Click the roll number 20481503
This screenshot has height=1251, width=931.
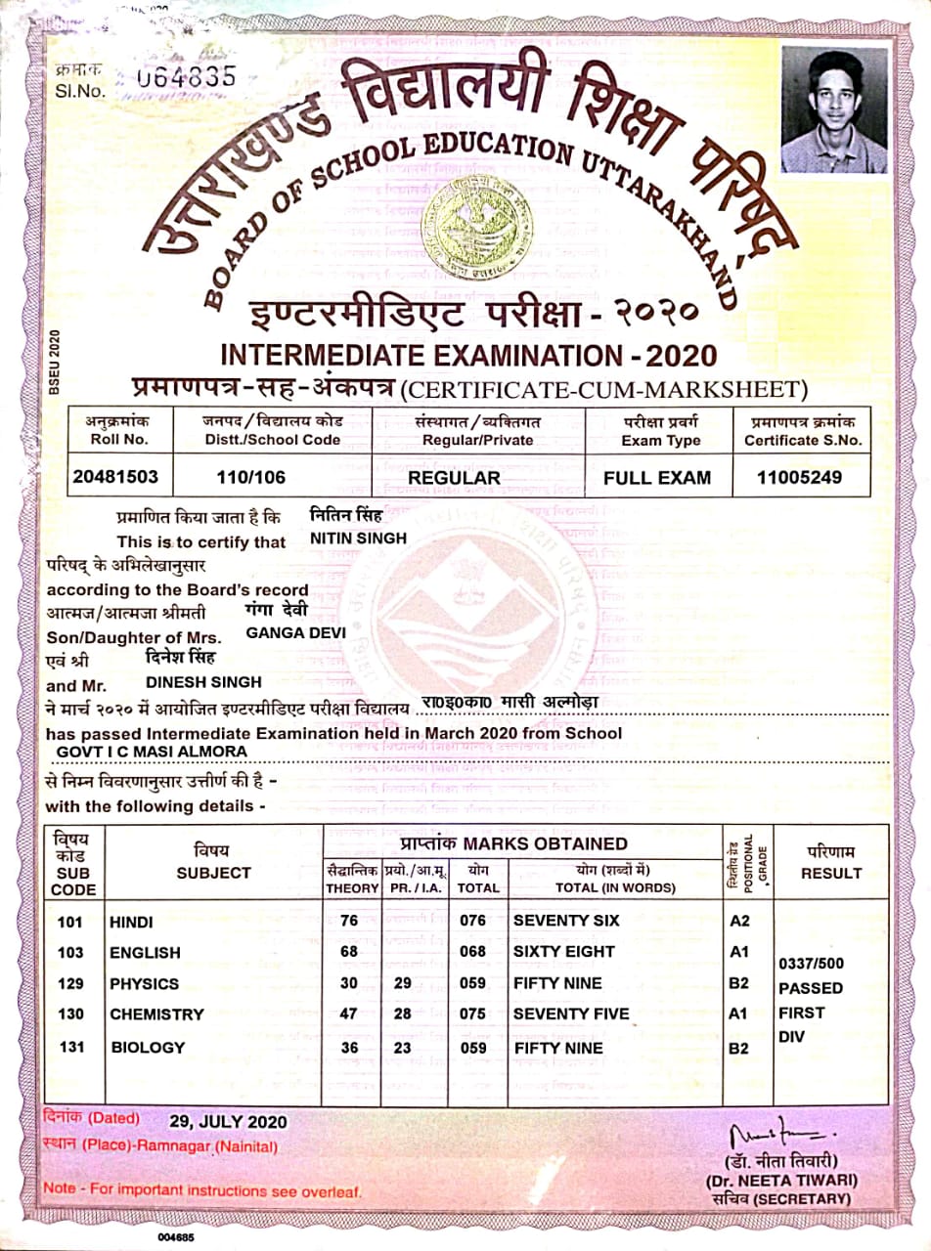[115, 478]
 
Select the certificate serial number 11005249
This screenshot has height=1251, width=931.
[800, 478]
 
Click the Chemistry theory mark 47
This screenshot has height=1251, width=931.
[348, 1014]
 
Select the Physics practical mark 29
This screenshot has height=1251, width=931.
[402, 983]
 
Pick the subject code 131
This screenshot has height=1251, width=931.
[71, 1047]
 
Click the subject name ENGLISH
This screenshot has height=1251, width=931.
[145, 952]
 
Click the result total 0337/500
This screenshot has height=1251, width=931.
[810, 963]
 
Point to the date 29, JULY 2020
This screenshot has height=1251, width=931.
[228, 1120]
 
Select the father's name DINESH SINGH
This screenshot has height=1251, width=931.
[203, 681]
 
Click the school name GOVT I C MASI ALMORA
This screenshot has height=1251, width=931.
[152, 751]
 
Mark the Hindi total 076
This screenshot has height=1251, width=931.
[472, 921]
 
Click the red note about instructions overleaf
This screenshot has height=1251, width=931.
[201, 1190]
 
